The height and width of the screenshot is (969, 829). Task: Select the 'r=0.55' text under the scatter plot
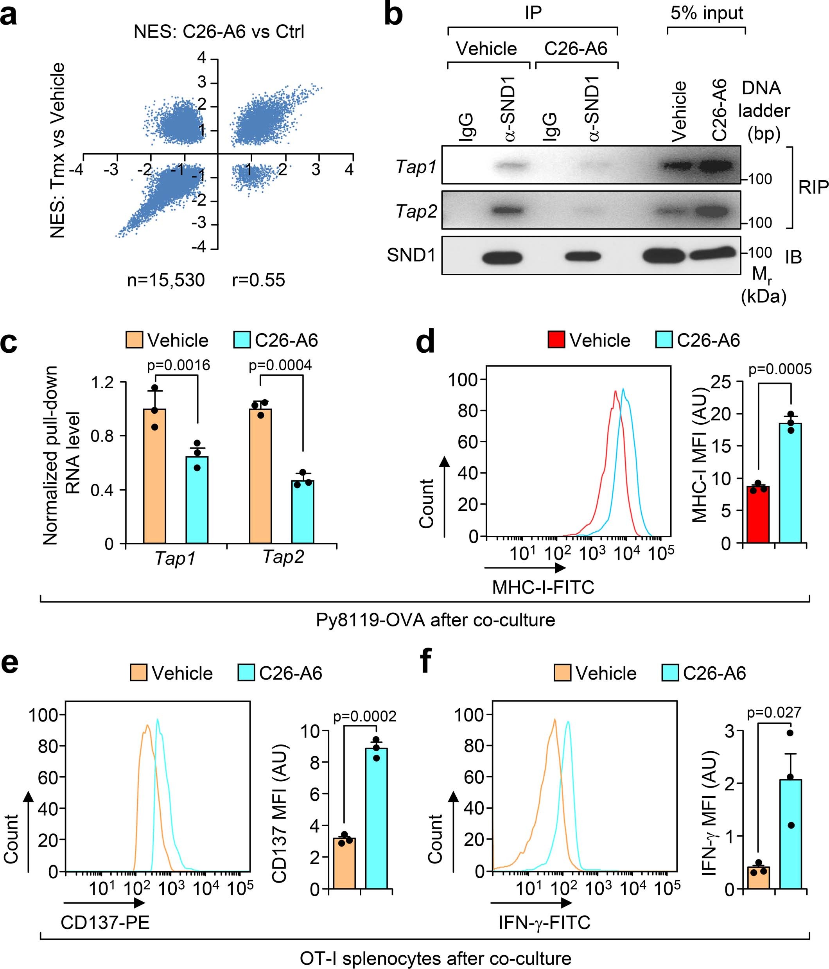(x=258, y=280)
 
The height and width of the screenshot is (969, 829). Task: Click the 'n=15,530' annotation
(x=166, y=280)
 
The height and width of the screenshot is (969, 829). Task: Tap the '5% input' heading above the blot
(x=707, y=13)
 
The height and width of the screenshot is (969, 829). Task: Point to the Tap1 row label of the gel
(x=416, y=167)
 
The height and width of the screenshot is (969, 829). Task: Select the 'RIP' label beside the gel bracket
(x=813, y=188)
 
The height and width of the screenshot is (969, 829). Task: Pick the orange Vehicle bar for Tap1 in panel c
(x=155, y=476)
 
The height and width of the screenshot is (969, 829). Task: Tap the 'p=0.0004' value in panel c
(x=280, y=365)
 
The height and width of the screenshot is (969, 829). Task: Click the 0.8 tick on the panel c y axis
(x=102, y=436)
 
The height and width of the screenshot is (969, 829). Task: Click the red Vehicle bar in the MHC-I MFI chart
(x=757, y=515)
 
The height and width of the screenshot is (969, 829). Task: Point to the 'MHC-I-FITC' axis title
(x=543, y=587)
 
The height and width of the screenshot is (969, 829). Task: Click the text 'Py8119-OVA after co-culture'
(x=435, y=620)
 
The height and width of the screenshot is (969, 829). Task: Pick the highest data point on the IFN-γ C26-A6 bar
(x=790, y=733)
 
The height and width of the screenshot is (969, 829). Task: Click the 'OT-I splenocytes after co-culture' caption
(x=435, y=959)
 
